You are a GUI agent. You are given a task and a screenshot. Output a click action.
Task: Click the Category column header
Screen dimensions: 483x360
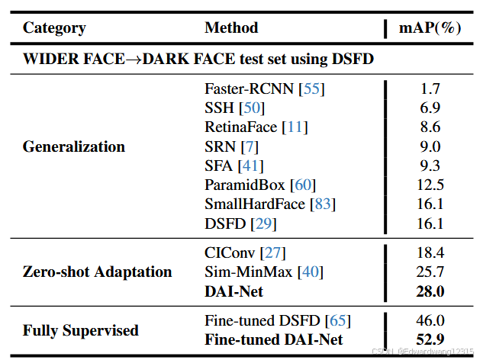click(54, 28)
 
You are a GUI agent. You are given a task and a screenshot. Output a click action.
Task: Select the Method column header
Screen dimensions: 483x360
click(231, 27)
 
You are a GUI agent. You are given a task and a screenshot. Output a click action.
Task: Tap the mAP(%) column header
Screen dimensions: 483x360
click(430, 27)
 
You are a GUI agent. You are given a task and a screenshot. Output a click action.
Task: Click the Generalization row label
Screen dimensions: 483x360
click(74, 146)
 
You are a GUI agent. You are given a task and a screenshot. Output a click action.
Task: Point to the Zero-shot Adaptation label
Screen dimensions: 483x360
click(98, 272)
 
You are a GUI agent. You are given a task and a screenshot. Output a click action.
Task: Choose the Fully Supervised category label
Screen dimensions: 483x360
click(81, 330)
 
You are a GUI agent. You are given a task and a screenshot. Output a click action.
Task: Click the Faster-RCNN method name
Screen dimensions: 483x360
click(249, 88)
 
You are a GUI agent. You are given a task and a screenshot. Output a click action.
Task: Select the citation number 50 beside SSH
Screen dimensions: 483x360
click(252, 108)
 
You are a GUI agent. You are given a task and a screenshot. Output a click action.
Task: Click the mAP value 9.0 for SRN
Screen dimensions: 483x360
click(430, 146)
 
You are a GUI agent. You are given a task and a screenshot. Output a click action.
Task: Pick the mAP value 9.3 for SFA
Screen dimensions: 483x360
click(430, 166)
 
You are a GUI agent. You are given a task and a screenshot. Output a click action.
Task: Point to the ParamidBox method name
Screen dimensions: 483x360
click(245, 185)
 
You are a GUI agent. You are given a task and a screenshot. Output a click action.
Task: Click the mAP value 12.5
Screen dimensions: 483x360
click(430, 185)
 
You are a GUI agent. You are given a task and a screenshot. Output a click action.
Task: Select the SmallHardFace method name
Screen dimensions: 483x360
click(255, 204)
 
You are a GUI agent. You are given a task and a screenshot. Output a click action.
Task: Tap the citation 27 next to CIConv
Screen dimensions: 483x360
click(273, 252)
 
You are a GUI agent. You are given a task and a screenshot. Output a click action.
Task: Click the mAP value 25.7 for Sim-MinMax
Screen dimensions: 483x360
click(430, 272)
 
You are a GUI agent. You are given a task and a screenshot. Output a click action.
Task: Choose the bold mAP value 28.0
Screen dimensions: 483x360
click(430, 291)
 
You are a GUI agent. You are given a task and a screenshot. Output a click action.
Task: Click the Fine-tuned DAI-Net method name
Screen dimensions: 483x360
click(274, 340)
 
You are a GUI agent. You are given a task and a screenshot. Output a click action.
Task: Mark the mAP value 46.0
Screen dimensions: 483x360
click(430, 320)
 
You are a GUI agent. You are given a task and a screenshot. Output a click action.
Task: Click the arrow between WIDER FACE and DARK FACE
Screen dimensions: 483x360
click(134, 59)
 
